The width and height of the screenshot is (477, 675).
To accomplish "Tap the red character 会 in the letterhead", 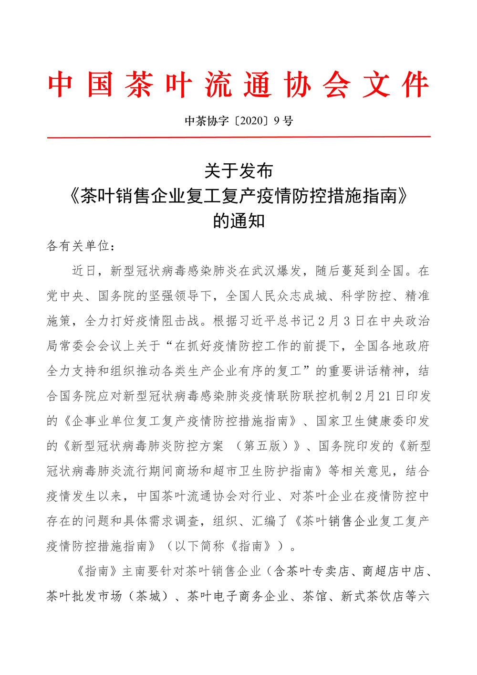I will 337,85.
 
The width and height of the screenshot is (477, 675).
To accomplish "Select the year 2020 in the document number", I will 252,121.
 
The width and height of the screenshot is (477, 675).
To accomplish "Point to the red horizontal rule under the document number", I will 238,137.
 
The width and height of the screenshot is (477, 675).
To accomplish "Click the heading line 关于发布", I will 238,170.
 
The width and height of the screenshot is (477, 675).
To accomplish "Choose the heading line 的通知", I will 238,221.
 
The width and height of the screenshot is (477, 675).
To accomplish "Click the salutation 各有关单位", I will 78,246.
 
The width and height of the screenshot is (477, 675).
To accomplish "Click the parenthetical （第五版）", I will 264,446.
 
